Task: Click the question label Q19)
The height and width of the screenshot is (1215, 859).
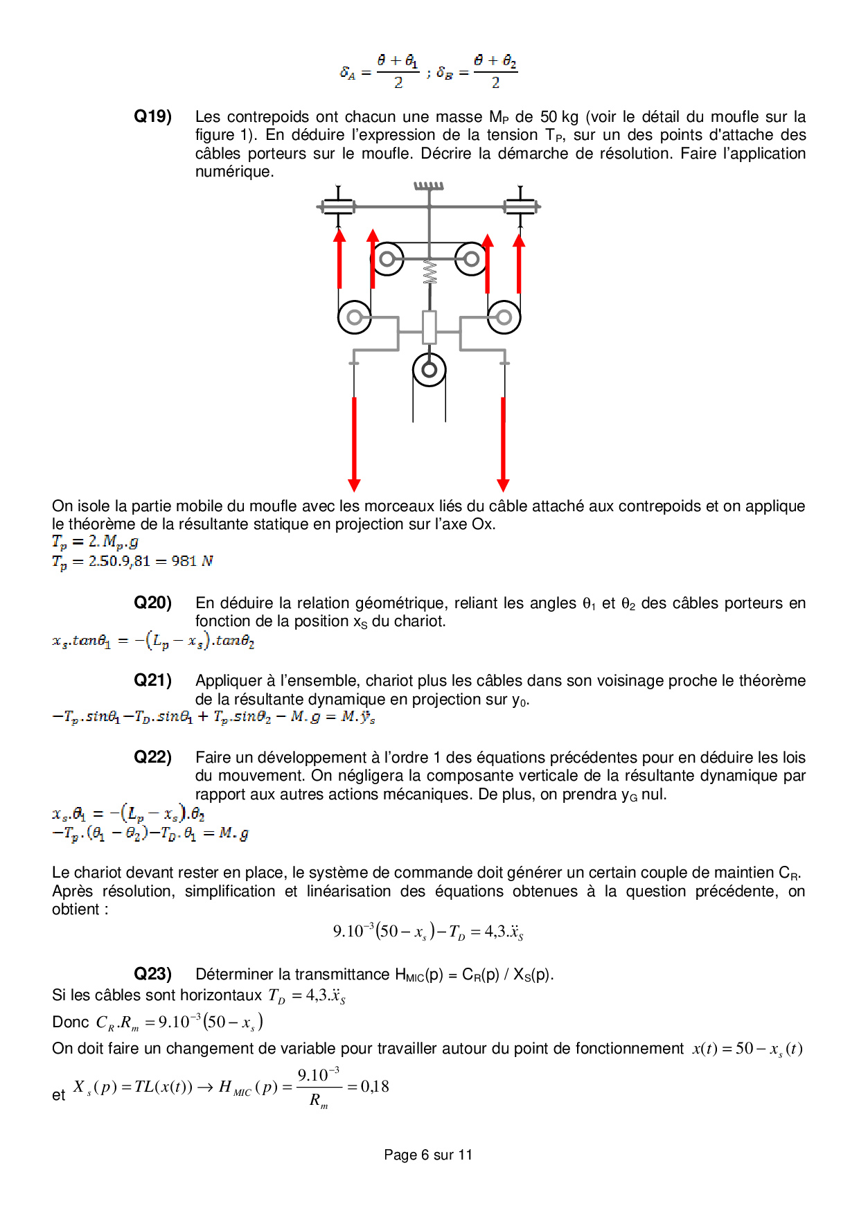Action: pyautogui.click(x=152, y=116)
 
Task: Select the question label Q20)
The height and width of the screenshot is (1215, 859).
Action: pyautogui.click(x=152, y=603)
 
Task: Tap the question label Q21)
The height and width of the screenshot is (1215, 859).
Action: pyautogui.click(x=152, y=680)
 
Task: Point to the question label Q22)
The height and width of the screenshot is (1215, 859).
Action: pyautogui.click(x=152, y=757)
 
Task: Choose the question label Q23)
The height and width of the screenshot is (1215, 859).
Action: pyautogui.click(x=152, y=974)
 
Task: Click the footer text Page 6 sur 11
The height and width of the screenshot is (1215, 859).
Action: pyautogui.click(x=428, y=1155)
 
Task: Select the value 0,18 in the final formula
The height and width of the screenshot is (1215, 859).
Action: pyautogui.click(x=375, y=1087)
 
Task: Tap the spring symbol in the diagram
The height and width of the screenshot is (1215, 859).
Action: pyautogui.click(x=429, y=272)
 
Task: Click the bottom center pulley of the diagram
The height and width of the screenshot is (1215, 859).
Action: pyautogui.click(x=429, y=370)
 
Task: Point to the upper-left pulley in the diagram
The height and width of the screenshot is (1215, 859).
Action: pyautogui.click(x=387, y=260)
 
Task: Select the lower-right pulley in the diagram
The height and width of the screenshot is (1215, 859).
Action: pyautogui.click(x=504, y=317)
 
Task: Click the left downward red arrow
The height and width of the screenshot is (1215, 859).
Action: pyautogui.click(x=354, y=443)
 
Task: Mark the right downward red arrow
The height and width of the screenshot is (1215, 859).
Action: pyautogui.click(x=504, y=443)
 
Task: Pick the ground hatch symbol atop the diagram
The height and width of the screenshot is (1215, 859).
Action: pyautogui.click(x=429, y=186)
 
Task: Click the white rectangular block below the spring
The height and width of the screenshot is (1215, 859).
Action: pyautogui.click(x=429, y=327)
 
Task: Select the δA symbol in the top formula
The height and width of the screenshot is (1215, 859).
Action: pyautogui.click(x=348, y=73)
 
